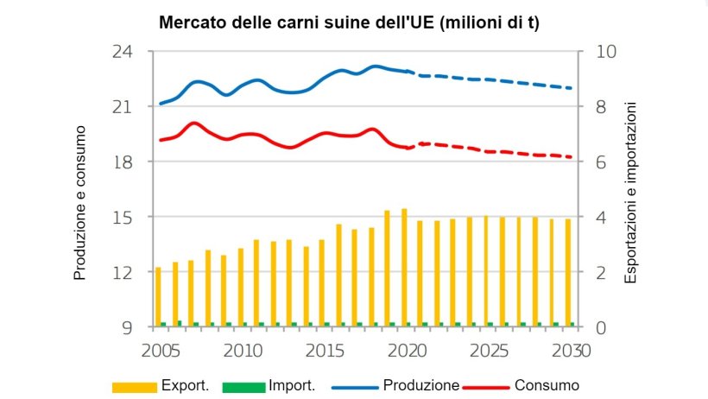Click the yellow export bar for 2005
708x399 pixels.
pyautogui.click(x=158, y=296)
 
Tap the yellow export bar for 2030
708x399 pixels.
pyautogui.click(x=567, y=272)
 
